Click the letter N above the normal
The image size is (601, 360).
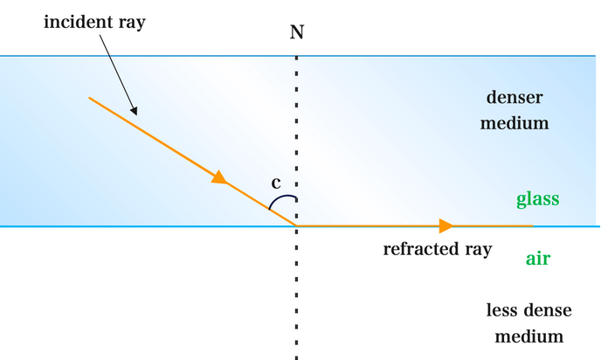coord(297,32)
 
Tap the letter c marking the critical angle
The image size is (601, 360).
coord(276,183)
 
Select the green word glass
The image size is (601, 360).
coord(537,199)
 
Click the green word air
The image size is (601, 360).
coord(537,259)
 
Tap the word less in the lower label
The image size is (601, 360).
coord(501,310)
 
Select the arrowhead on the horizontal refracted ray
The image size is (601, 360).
coord(446,226)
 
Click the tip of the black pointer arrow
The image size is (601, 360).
coord(136,114)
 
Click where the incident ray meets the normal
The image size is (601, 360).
coord(297,226)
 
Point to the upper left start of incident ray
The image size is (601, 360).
coord(89,98)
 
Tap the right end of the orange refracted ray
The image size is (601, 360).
coord(533,226)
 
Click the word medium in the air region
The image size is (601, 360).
coord(528,336)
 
